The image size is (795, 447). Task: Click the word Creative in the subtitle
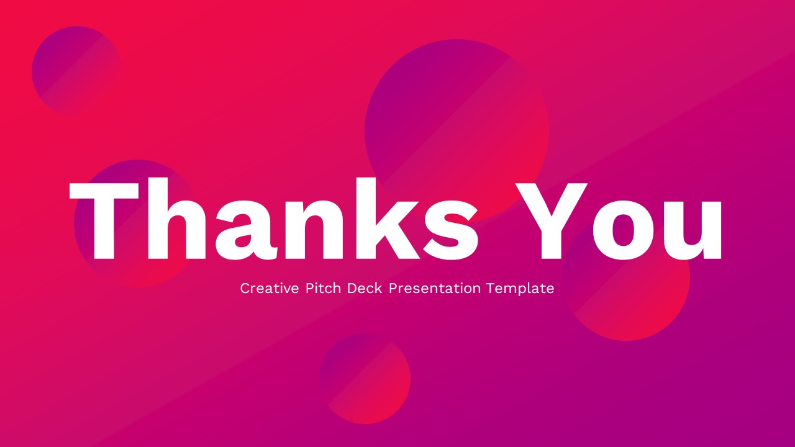[x=269, y=288]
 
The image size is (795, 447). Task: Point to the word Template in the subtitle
[x=520, y=289]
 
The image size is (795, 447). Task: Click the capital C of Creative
[x=245, y=288]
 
